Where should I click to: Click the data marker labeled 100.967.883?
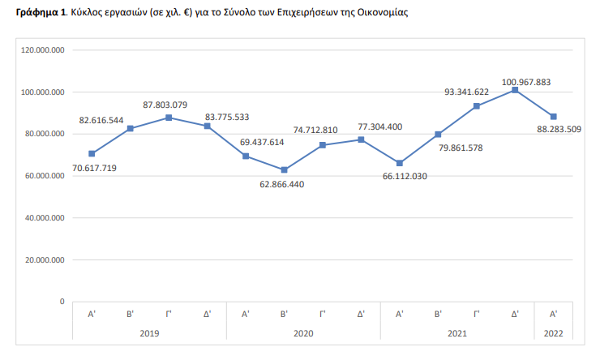pyautogui.click(x=515, y=90)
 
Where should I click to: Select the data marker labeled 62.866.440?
pyautogui.click(x=284, y=170)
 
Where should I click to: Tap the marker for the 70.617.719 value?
pyautogui.click(x=92, y=154)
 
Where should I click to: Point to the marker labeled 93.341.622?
pyautogui.click(x=477, y=106)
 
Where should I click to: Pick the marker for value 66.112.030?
pyautogui.click(x=400, y=163)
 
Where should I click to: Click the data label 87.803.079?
pyautogui.click(x=165, y=105)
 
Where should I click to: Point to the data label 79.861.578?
pyautogui.click(x=470, y=147)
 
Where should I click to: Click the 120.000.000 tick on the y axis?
pyautogui.click(x=44, y=50)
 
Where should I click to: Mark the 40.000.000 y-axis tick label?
pyautogui.click(x=46, y=218)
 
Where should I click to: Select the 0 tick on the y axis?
pyautogui.click(x=62, y=302)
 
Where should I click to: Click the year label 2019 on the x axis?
pyautogui.click(x=149, y=333)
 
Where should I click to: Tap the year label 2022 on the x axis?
pyautogui.click(x=553, y=333)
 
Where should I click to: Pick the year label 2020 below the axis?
pyautogui.click(x=303, y=333)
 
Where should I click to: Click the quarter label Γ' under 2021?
pyautogui.click(x=477, y=313)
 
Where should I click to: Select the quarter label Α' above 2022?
pyautogui.click(x=553, y=313)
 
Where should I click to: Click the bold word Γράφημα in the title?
pyautogui.click(x=39, y=14)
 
